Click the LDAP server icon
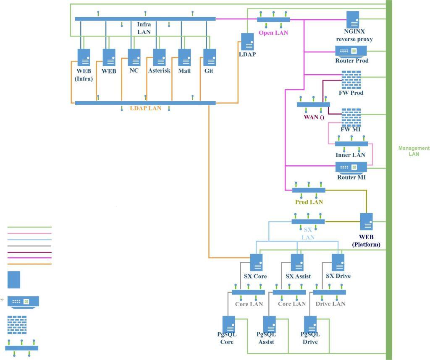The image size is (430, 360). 247,42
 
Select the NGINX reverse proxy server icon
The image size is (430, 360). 353,20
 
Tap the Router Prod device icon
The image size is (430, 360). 351,51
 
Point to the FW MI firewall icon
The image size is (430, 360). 351,117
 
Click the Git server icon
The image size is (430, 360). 210,57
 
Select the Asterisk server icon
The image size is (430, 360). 159,57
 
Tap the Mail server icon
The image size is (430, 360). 184,57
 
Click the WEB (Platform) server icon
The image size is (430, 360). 366,222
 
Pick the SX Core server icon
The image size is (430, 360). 256,262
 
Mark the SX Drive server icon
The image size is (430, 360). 338,262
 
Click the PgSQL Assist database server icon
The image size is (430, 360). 269,324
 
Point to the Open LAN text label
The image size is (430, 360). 273,33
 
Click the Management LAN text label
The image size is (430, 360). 414,151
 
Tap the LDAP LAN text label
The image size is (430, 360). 145,108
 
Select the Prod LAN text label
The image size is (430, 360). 309,202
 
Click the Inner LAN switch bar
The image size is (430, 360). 351,143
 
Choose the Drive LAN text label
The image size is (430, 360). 330,304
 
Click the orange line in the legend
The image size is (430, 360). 29,264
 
